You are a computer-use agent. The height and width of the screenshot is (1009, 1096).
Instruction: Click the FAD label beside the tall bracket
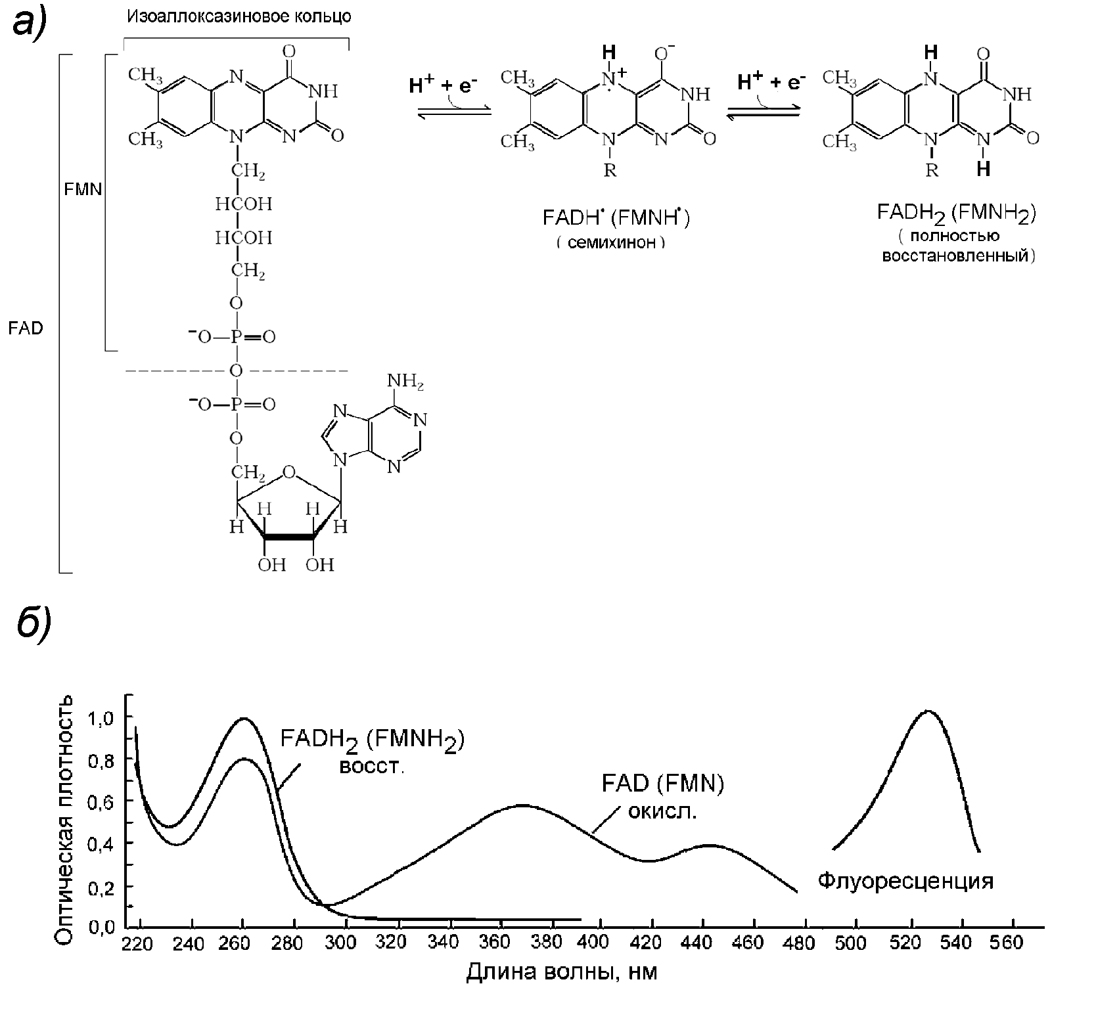(26, 328)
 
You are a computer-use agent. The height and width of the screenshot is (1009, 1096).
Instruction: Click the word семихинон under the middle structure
(611, 243)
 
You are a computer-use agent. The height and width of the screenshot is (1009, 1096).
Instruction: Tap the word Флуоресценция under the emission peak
(905, 881)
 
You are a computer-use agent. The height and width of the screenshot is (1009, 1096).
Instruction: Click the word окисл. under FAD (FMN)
(662, 813)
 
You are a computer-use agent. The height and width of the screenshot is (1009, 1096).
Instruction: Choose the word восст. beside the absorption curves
(371, 767)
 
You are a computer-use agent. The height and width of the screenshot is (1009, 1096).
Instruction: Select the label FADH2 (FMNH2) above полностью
(956, 213)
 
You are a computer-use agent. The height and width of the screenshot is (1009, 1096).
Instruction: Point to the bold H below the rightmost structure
(983, 169)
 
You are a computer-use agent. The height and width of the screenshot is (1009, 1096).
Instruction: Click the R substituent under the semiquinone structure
(610, 171)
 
